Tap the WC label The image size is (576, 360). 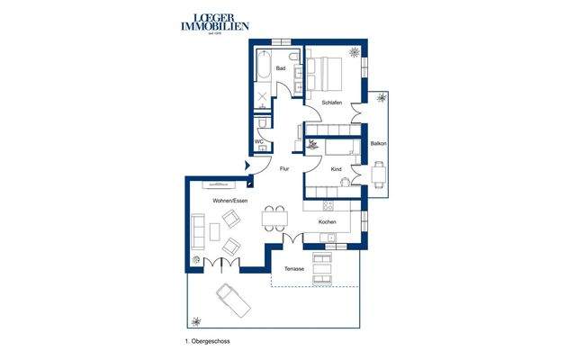click(x=258, y=142)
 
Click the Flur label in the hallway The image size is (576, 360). click(x=283, y=168)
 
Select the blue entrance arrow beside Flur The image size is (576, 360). click(x=249, y=166)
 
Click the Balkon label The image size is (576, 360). click(x=379, y=143)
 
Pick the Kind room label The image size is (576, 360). click(x=336, y=168)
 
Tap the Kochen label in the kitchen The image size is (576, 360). click(x=328, y=220)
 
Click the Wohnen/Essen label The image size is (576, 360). click(x=229, y=200)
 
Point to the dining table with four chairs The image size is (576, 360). click(x=274, y=219)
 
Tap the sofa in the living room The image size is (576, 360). click(x=197, y=230)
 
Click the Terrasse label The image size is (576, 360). click(x=294, y=269)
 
